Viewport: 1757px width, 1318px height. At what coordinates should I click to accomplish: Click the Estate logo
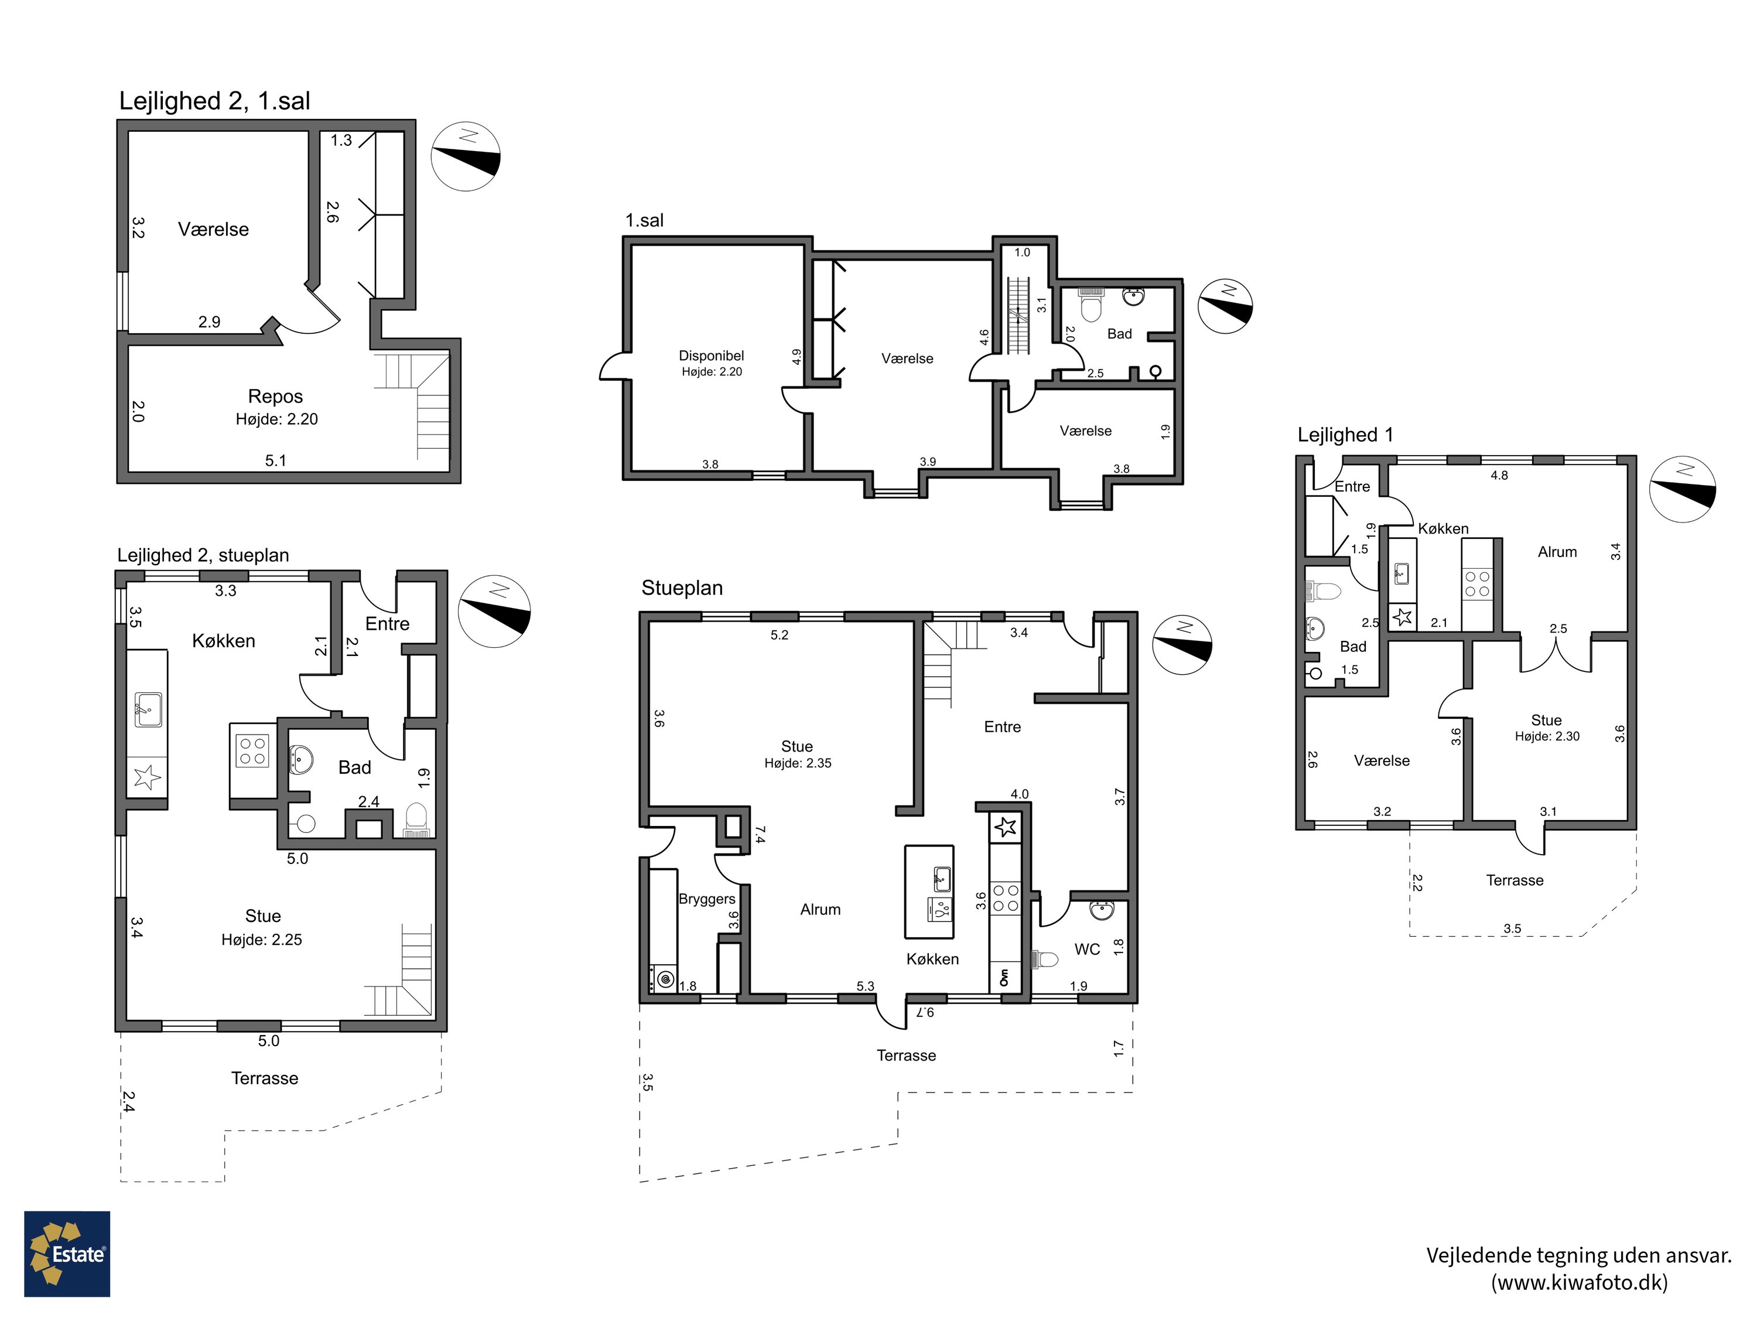67,1254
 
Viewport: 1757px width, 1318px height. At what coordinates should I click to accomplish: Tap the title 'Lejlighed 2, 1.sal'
214,101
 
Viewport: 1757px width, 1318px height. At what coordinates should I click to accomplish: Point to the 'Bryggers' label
706,899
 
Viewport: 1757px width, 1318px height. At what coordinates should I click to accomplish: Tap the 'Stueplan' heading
682,588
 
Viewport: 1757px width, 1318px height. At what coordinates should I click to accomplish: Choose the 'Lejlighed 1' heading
1345,435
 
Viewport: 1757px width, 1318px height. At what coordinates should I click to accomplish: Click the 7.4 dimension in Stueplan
760,834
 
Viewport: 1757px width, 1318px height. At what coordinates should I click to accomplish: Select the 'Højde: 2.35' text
798,763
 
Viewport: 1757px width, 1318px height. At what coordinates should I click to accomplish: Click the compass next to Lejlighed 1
1683,489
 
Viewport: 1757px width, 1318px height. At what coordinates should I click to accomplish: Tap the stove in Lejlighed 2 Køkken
252,750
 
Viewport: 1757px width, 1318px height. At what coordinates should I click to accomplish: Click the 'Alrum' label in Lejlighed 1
1557,551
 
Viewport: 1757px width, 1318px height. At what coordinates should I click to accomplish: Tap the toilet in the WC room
1044,960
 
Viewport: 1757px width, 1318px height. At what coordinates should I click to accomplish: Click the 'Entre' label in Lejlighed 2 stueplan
388,624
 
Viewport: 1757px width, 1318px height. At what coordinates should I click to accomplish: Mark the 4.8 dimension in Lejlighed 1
1499,475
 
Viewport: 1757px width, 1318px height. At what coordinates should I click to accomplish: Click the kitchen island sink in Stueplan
941,878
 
